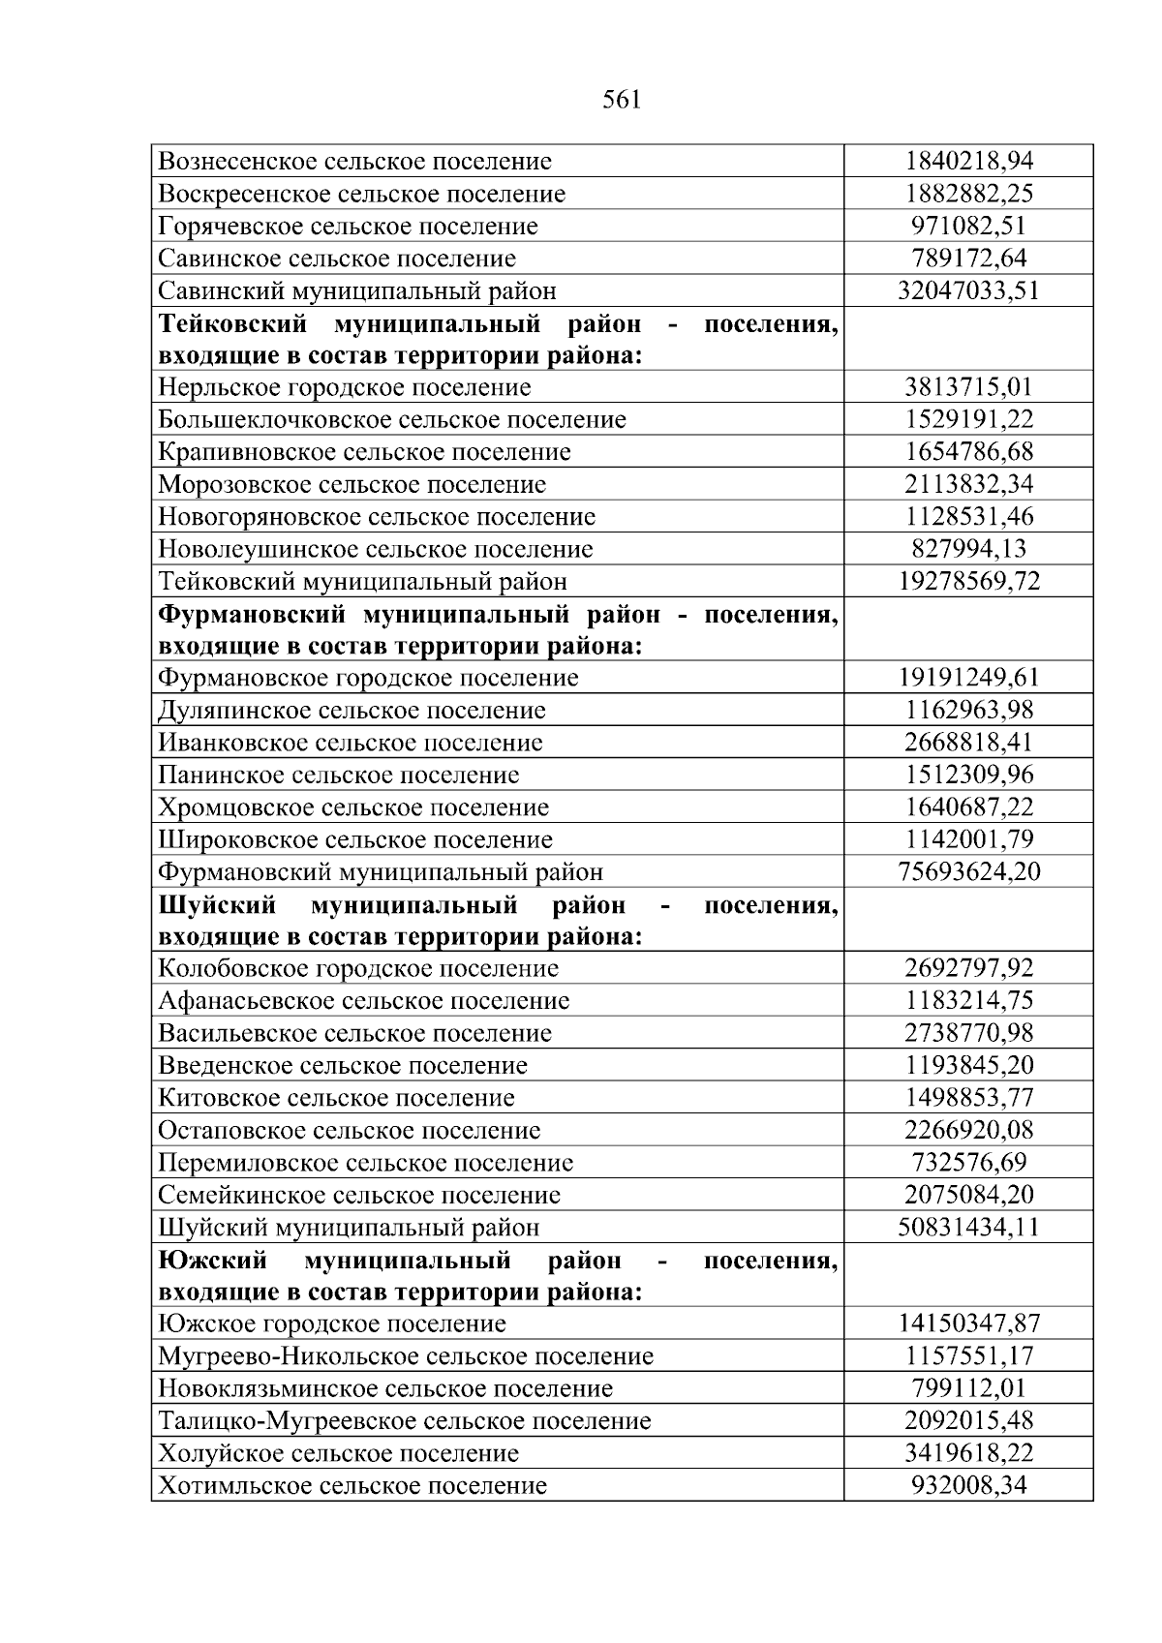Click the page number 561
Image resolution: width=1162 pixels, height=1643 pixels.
click(x=621, y=100)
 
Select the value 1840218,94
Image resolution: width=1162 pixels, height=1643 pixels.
click(x=968, y=161)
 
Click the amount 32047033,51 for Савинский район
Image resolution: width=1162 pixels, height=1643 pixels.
click(x=968, y=290)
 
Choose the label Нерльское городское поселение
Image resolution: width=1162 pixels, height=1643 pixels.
click(x=344, y=387)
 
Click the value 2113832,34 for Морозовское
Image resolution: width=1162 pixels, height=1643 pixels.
click(x=968, y=484)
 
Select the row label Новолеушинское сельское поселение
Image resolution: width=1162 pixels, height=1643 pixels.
click(x=375, y=549)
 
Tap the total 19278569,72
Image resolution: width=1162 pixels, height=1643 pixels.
click(x=968, y=581)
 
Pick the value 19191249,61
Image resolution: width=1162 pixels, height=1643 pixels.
click(x=968, y=678)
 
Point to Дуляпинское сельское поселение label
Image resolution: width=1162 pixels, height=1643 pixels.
click(x=352, y=711)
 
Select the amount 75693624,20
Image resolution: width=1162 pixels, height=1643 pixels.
click(x=968, y=871)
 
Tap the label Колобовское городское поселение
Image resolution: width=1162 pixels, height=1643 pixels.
click(x=357, y=968)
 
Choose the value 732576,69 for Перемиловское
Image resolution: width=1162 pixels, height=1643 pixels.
click(x=968, y=1162)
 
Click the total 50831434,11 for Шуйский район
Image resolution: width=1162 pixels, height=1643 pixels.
click(x=968, y=1227)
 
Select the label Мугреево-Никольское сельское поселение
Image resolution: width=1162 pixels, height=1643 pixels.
click(x=405, y=1355)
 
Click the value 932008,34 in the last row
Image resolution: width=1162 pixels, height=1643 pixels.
click(x=968, y=1485)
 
